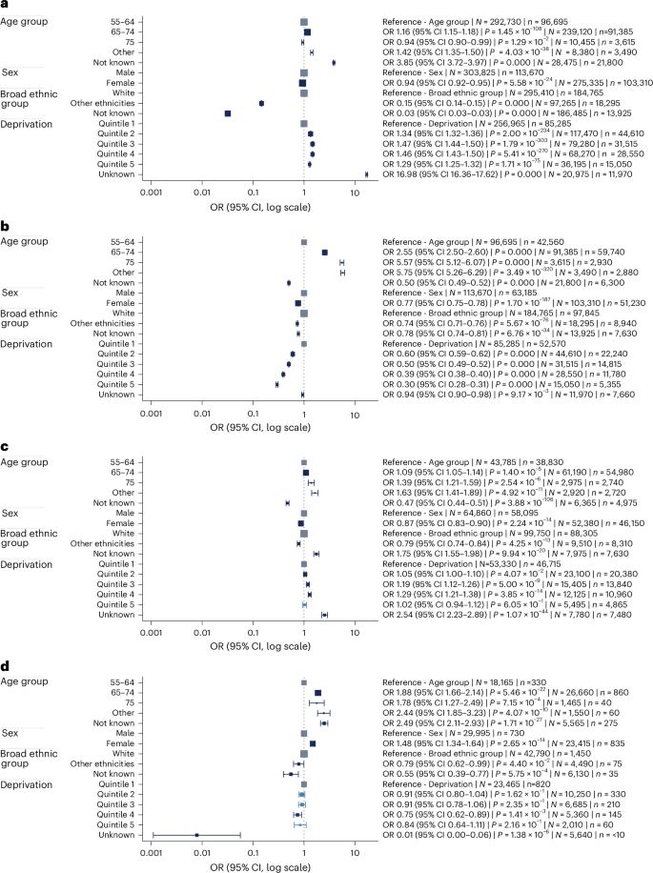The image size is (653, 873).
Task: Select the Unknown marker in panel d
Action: pyautogui.click(x=196, y=834)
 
